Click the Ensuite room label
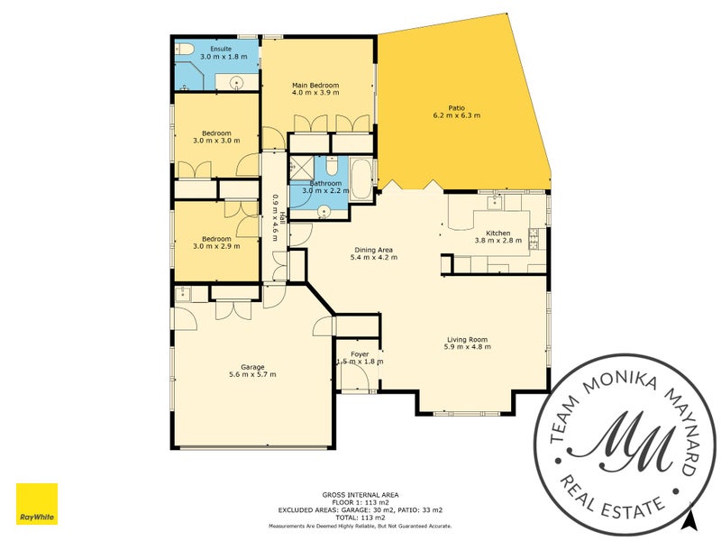coord(221,48)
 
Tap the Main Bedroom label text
coord(315,86)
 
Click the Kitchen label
coord(498,232)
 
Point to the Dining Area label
coord(372,250)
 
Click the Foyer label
coord(360,354)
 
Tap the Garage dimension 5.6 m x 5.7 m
coord(252,374)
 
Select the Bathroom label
coord(325,183)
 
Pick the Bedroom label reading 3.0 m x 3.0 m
coord(216,133)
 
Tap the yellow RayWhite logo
coord(37,504)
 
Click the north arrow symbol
coord(689,519)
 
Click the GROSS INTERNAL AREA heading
coord(360,494)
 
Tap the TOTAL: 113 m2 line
coord(360,518)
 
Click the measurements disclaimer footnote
coord(360,526)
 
